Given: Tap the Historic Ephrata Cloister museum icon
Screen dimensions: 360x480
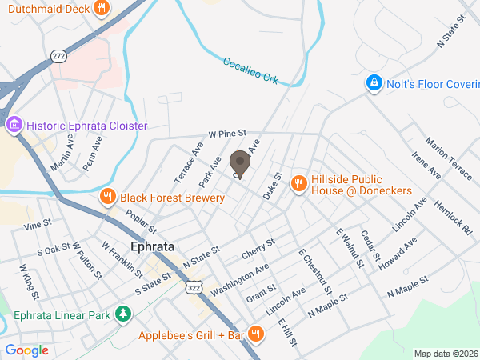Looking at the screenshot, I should [x=14, y=126].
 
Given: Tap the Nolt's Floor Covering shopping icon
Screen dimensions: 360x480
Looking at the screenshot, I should [x=373, y=83].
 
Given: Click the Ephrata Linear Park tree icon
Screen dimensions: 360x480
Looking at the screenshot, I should [x=122, y=314].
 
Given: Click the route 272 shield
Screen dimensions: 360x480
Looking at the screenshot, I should [x=58, y=56].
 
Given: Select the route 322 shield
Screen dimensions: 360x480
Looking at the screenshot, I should [x=193, y=286].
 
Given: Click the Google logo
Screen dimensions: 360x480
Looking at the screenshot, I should [x=26, y=350].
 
